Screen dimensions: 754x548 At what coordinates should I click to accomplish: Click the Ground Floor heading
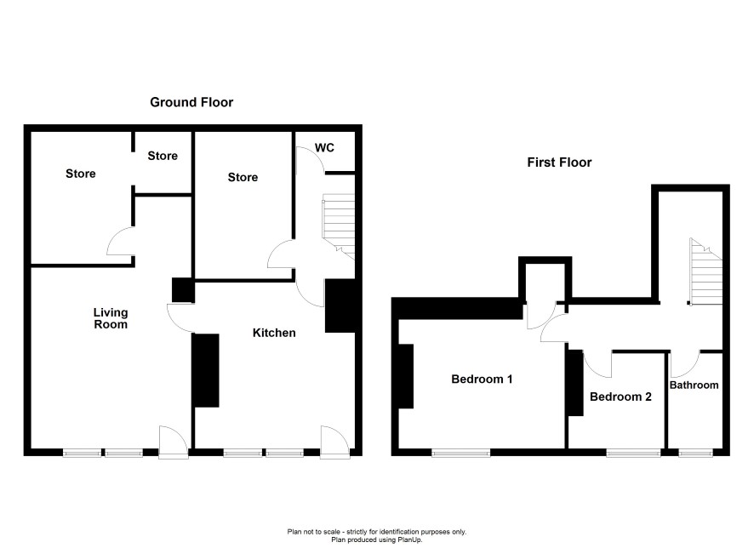coord(191,102)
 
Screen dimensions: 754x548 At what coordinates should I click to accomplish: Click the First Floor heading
coord(559,163)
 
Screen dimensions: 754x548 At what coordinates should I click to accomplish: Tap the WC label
coord(324,147)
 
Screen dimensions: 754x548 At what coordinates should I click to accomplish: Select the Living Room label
coord(111,318)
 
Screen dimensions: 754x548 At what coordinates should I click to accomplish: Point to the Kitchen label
coord(274,333)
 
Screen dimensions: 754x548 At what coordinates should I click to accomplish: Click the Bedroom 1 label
coord(482,380)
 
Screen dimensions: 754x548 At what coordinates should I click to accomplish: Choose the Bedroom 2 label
coord(620,397)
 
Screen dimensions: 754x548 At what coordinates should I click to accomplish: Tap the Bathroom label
coord(694,385)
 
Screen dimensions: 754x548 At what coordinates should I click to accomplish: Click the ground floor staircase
coord(339,226)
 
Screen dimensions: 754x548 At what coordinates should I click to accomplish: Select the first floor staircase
coord(705,271)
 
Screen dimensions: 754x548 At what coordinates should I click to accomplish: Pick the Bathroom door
coord(685,364)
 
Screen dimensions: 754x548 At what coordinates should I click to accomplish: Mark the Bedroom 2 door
coord(597,364)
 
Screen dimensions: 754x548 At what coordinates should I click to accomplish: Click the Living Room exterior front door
coord(173,442)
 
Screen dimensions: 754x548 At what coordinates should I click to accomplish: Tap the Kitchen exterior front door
coord(335,442)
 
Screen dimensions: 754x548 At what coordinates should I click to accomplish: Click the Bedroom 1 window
coord(460,453)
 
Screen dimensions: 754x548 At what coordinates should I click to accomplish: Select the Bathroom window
coord(696,453)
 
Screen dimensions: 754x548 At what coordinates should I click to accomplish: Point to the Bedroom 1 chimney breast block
coord(406,376)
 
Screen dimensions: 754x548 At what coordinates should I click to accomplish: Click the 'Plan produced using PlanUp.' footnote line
coord(376,539)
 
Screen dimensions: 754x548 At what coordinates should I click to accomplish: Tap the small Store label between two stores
coord(163,156)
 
